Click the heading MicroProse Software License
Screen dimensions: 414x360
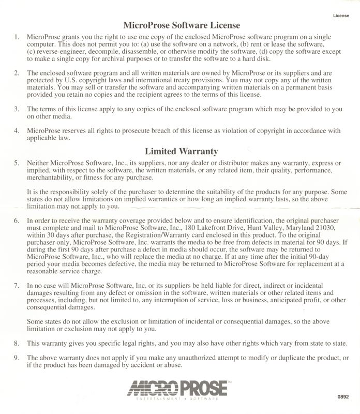click(181, 24)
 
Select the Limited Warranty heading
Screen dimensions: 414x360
click(181, 152)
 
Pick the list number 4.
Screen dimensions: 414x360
click(16, 131)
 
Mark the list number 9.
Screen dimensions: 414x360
click(16, 358)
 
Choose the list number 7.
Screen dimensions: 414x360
click(16, 286)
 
